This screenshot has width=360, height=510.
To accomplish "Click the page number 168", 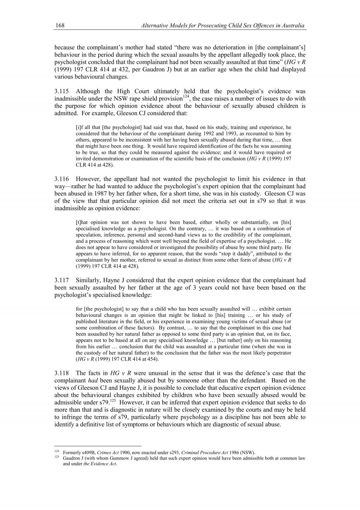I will (59, 26).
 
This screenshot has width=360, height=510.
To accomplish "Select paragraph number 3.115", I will (62, 91).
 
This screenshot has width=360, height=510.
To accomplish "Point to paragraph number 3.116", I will (62, 179).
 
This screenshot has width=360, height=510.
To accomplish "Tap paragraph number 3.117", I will (62, 280).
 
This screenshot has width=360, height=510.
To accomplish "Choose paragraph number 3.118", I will (62, 373).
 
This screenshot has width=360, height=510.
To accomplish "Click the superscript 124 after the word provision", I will (186, 97).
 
